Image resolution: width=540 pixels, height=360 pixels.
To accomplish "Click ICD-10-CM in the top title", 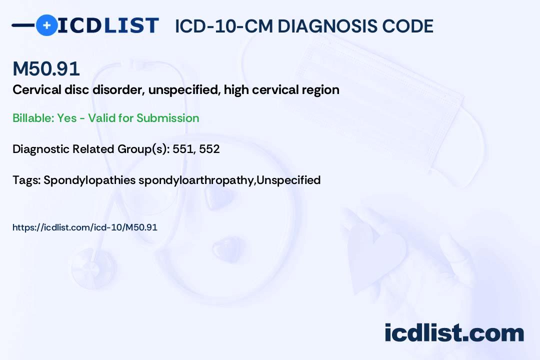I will (x=223, y=26).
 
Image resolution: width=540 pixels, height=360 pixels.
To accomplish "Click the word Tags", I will (x=25, y=180).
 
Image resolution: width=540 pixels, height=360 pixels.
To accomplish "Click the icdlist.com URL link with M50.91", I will (x=85, y=227).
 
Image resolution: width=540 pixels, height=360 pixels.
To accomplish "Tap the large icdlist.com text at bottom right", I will (x=454, y=332).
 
